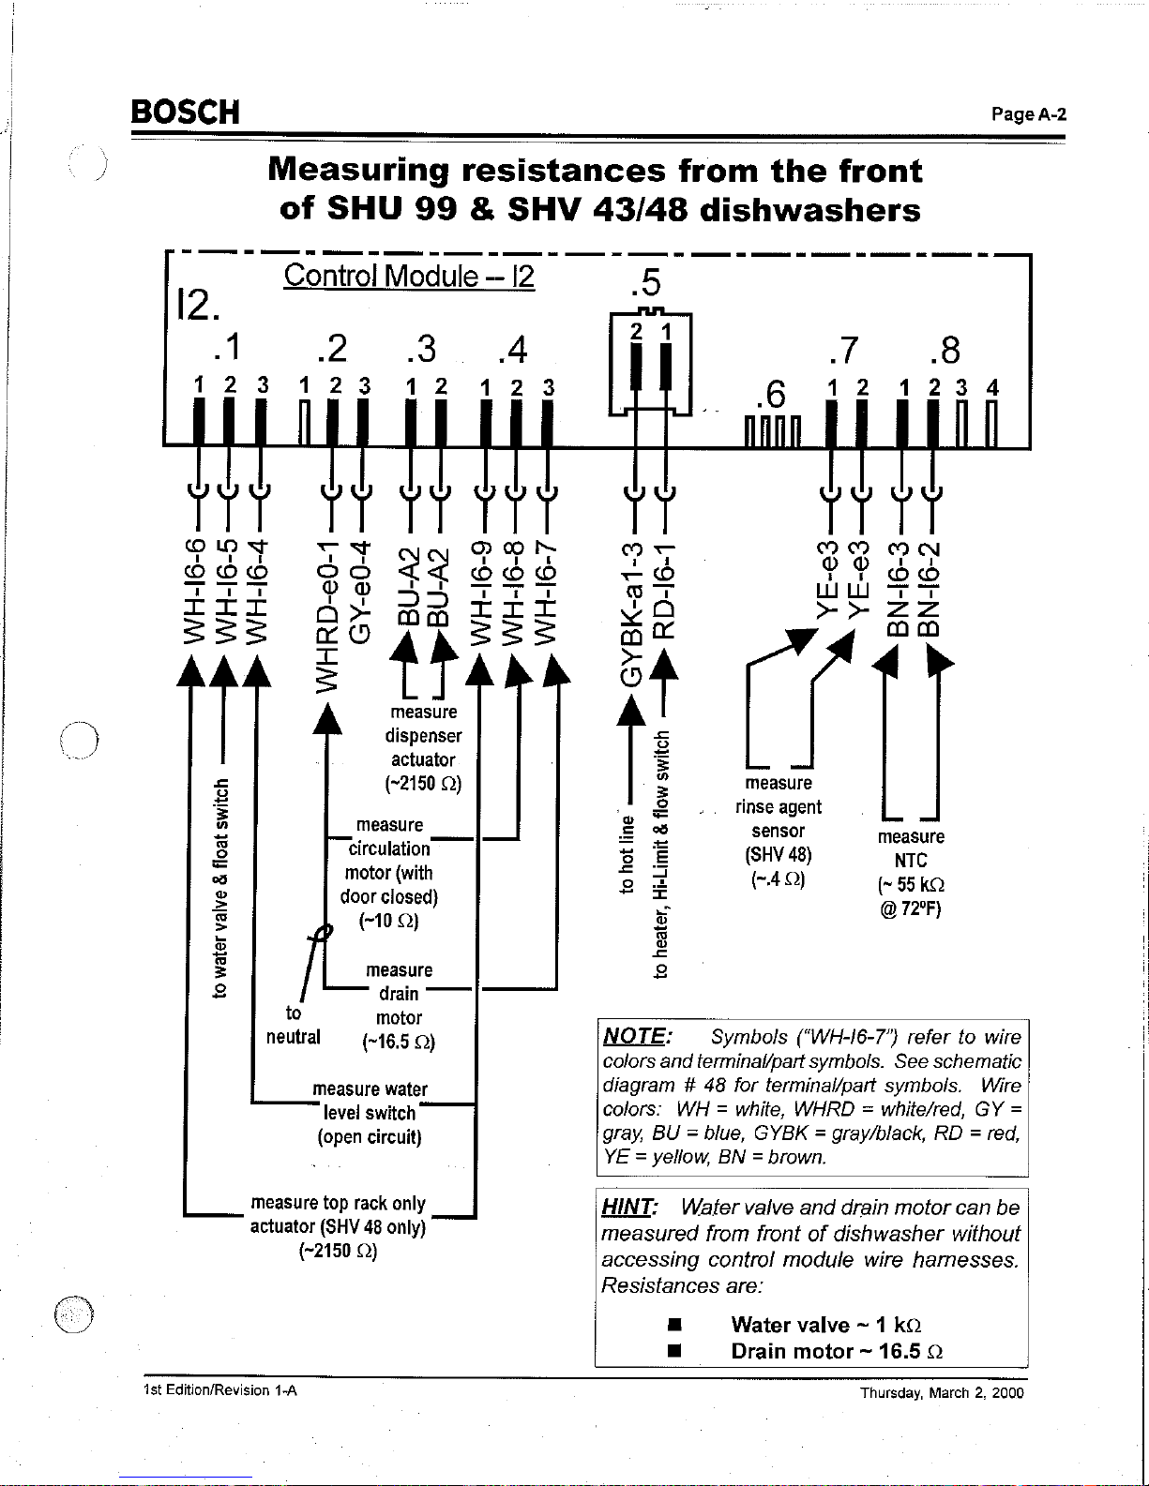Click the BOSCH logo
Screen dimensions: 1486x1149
coord(186,112)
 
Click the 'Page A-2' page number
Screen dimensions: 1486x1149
coord(1029,114)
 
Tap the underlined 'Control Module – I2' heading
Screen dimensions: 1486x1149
coord(409,276)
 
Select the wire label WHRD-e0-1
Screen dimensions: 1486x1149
coord(326,615)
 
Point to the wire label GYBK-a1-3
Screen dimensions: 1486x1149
coord(632,613)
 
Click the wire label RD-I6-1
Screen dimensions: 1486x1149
coord(663,590)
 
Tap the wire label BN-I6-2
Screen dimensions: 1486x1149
coord(930,590)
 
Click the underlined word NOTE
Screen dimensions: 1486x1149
coord(636,1037)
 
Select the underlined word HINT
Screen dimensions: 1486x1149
coord(629,1207)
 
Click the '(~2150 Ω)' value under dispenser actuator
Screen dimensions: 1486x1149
coord(423,784)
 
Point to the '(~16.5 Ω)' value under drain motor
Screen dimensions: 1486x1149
coord(399,1043)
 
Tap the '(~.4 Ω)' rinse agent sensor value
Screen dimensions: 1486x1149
coord(779,879)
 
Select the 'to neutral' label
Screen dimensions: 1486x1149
coord(294,1025)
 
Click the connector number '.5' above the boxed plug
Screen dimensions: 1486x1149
coord(647,282)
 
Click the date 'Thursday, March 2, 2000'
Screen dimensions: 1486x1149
coord(942,1393)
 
